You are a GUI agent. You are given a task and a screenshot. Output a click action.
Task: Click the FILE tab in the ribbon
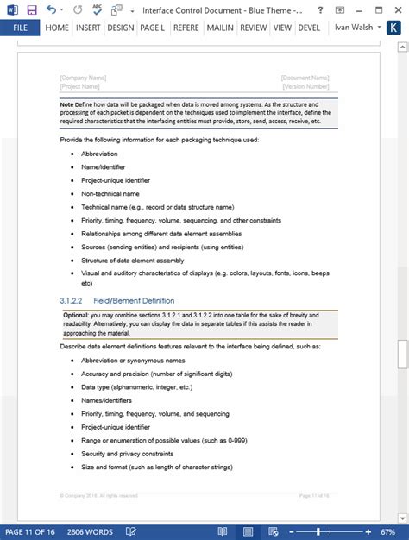(x=19, y=28)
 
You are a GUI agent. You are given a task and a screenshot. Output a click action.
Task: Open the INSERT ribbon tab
(x=87, y=28)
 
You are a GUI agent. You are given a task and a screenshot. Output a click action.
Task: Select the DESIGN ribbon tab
(x=121, y=28)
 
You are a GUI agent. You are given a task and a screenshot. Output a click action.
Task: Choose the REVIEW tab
(x=253, y=28)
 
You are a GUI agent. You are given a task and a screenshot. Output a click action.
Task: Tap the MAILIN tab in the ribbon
(x=221, y=28)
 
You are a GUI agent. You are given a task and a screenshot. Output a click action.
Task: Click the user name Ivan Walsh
(x=354, y=28)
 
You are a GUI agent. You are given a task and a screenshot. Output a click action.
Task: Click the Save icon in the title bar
(x=32, y=9)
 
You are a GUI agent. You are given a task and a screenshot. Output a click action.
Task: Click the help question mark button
(x=342, y=9)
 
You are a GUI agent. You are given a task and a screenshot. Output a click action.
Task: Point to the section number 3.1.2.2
(x=71, y=299)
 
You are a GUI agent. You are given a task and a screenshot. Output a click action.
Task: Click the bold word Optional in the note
(x=76, y=315)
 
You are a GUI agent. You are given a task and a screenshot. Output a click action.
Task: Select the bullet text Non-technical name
(x=110, y=194)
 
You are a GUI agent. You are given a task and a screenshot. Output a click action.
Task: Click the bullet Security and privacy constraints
(x=127, y=453)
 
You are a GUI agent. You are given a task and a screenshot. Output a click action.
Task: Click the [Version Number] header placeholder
(x=305, y=86)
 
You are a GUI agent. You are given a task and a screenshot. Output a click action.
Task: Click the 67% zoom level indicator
(x=391, y=531)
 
